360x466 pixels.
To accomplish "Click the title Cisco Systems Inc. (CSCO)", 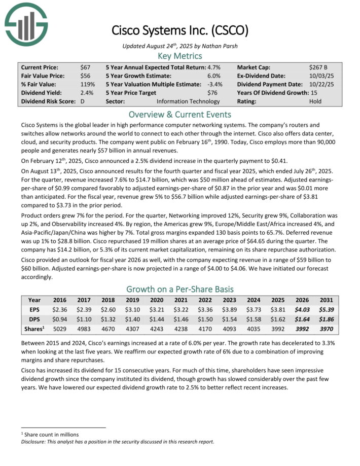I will (x=179, y=30).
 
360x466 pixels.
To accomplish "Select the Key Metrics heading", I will (x=180, y=56).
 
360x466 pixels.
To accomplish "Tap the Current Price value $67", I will (x=85, y=67).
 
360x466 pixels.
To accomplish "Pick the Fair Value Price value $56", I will (x=85, y=76).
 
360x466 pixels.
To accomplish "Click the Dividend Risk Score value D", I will (x=82, y=101).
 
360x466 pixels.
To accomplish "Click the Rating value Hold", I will (x=315, y=101).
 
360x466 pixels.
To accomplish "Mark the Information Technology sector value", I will (x=188, y=101).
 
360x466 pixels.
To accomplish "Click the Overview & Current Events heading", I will (x=180, y=114).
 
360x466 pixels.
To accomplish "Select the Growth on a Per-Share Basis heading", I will (x=180, y=289).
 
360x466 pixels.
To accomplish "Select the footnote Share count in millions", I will (x=51, y=435).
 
